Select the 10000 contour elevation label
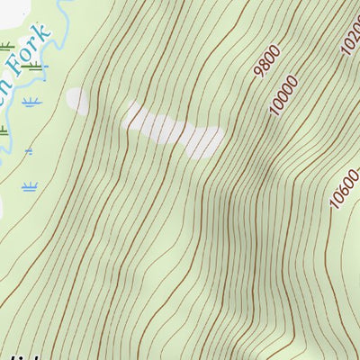(x=283, y=94)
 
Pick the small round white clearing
(x=78, y=101)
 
